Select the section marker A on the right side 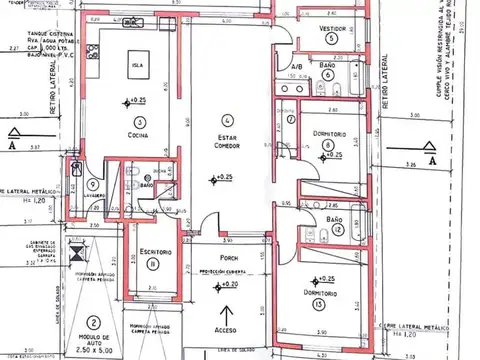[431, 158]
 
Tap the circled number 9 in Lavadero [92, 183]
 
